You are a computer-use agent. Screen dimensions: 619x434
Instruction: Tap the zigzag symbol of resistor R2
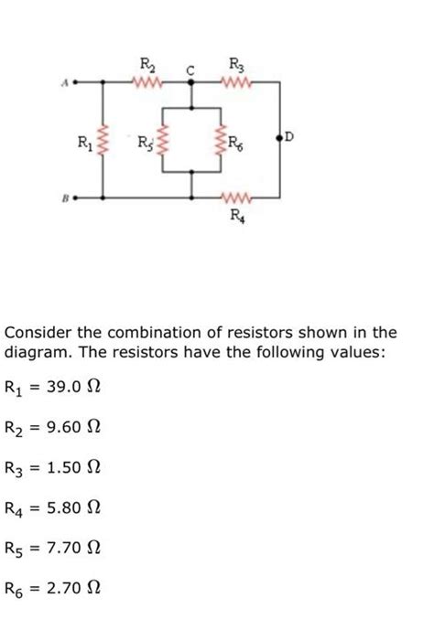click(x=146, y=82)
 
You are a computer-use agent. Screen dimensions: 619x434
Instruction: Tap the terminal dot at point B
click(x=76, y=196)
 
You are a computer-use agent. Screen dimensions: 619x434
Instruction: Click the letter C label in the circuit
click(x=192, y=68)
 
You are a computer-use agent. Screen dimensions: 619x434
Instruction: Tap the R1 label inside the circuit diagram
click(x=83, y=142)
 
